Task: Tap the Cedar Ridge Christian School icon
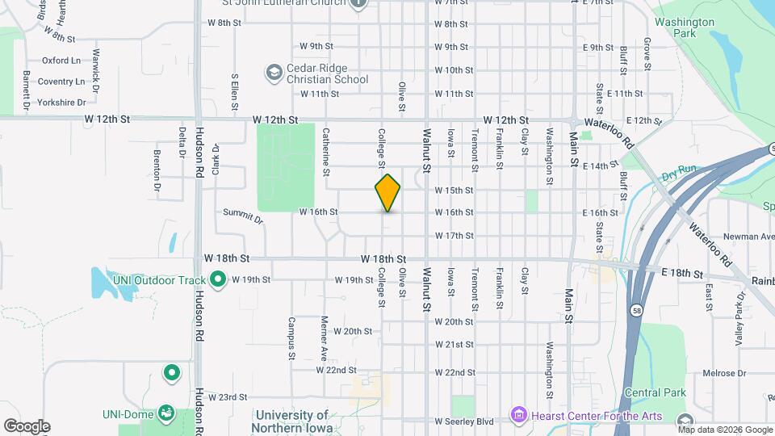point(274,73)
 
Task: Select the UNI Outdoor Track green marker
point(217,280)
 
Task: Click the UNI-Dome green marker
point(166,413)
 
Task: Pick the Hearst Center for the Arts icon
point(519,416)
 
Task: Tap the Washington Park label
point(685,28)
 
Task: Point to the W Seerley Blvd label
point(463,421)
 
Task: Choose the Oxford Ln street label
point(61,60)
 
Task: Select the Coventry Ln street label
point(61,82)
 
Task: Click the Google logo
point(27,426)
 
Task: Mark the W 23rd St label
point(227,397)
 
